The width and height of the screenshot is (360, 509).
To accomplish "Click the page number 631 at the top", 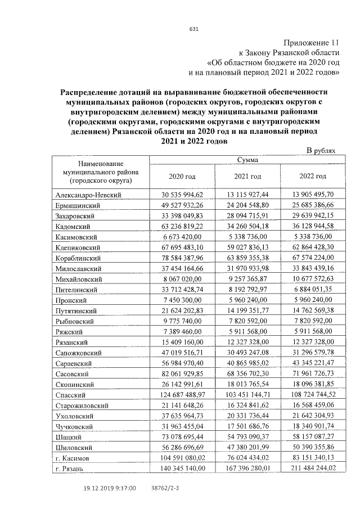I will tap(193, 29).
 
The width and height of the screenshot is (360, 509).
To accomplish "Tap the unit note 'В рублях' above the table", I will tap(320, 151).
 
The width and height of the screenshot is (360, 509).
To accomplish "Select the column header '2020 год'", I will tap(182, 176).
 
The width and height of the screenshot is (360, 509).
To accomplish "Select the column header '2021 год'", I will tap(247, 176).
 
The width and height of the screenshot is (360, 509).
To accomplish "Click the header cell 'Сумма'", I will tap(247, 160).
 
